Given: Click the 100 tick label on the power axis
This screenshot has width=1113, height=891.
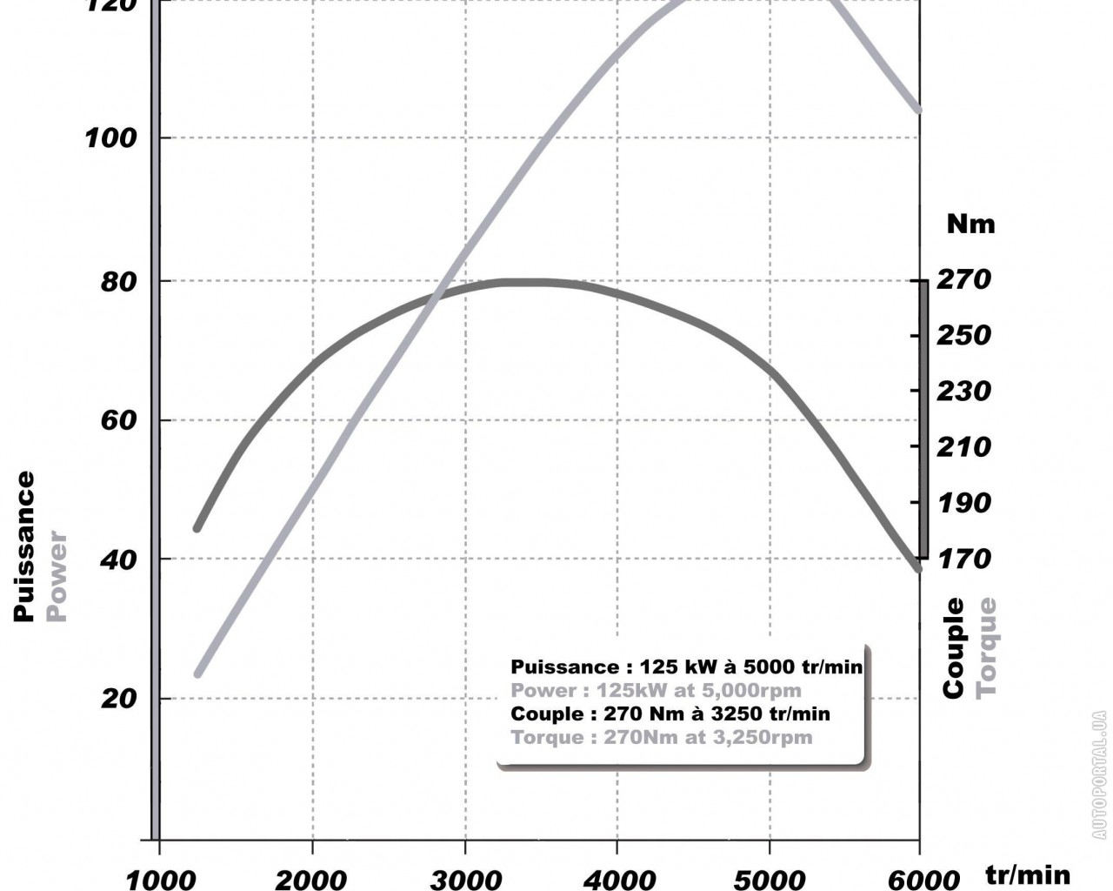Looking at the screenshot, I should [110, 138].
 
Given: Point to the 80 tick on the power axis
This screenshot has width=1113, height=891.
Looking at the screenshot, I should [119, 282].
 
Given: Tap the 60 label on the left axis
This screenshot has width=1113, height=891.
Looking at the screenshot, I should [119, 420].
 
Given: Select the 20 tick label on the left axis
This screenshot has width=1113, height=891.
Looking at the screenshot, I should [119, 699].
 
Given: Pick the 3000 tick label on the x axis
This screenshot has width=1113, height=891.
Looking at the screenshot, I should [466, 880].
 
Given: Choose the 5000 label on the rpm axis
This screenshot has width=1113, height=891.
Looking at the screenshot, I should [770, 880].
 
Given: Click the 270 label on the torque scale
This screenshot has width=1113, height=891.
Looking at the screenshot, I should [963, 279].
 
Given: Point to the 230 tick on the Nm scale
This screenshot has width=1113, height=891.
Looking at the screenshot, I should [963, 391].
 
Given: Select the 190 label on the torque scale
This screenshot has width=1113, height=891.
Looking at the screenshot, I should [963, 502].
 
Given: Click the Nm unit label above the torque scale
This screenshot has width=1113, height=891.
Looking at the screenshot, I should [970, 224].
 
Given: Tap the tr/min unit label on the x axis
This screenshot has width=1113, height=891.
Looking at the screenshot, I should [1028, 874].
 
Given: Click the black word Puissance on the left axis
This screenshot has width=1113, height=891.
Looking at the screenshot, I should [24, 546].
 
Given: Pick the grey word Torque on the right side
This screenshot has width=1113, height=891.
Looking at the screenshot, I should [986, 647].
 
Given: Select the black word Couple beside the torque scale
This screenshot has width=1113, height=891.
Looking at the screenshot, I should [955, 647].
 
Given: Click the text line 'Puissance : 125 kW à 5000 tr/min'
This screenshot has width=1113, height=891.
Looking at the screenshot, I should [686, 667].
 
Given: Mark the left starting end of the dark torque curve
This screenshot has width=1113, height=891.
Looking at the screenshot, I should [197, 527].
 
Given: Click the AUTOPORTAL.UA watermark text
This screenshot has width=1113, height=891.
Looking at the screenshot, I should [1100, 775].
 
